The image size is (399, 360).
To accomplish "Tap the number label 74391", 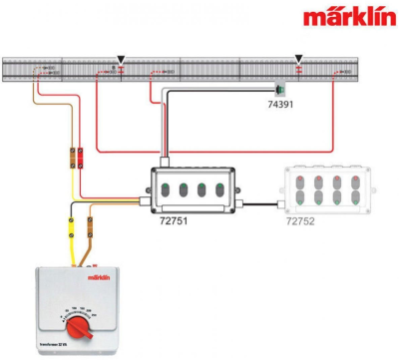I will click(281, 103).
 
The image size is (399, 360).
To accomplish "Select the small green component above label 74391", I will click(281, 87).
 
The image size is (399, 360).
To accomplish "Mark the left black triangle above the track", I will click(121, 60).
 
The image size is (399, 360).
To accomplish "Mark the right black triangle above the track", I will click(298, 60).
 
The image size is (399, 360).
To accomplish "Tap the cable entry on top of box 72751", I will click(168, 160).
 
